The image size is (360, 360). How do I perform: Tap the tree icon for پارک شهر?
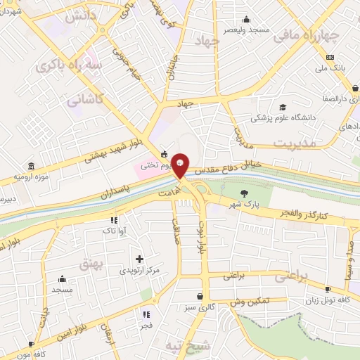[x=245, y=194]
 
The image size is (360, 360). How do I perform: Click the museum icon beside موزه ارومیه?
[x=30, y=166]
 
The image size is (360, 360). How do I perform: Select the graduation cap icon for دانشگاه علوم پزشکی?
[x=283, y=108]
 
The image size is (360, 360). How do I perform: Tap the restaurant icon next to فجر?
[x=146, y=314]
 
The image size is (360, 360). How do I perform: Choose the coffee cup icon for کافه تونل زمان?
[x=328, y=289]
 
